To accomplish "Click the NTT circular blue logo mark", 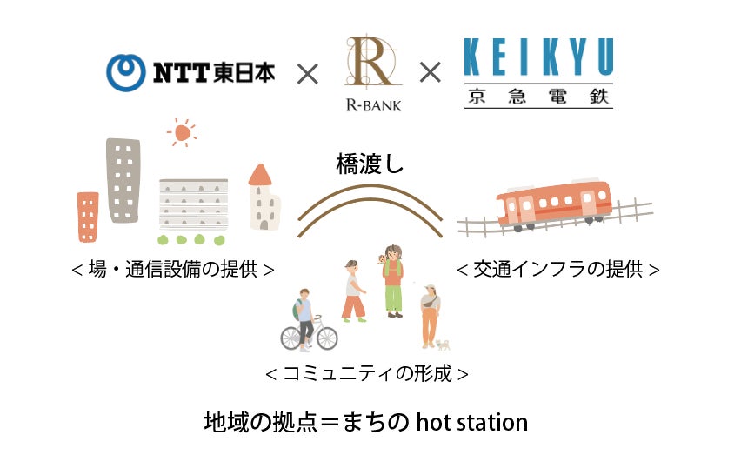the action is pyautogui.click(x=125, y=72).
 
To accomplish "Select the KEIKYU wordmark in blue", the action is pyautogui.click(x=537, y=58).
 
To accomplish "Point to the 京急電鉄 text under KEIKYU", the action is pyautogui.click(x=537, y=97).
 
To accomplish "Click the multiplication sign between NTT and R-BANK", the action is pyautogui.click(x=308, y=74).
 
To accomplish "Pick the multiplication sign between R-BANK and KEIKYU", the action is pyautogui.click(x=430, y=74).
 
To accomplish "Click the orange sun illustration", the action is pyautogui.click(x=182, y=132).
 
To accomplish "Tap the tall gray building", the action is pyautogui.click(x=123, y=180).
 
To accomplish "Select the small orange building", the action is pyautogui.click(x=88, y=217).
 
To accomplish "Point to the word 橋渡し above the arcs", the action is pyautogui.click(x=370, y=164).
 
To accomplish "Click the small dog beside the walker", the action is pyautogui.click(x=444, y=345).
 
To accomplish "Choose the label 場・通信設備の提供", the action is pyautogui.click(x=173, y=270).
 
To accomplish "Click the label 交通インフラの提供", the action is pyautogui.click(x=557, y=270).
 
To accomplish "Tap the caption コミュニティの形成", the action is pyautogui.click(x=366, y=374).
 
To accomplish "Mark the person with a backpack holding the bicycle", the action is pyautogui.click(x=304, y=313).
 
